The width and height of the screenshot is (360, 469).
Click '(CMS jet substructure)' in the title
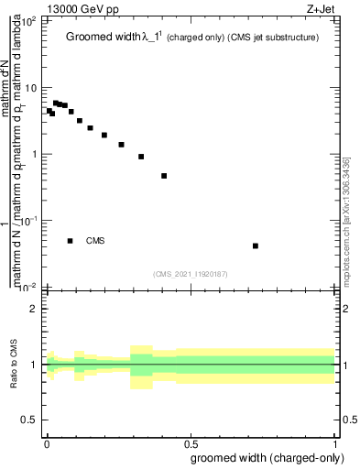pyautogui.click(x=273, y=38)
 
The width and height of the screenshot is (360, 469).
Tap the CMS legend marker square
pyautogui.click(x=70, y=241)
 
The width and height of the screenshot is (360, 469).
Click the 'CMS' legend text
pyautogui.click(x=95, y=241)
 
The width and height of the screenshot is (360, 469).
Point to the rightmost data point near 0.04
pyautogui.click(x=256, y=245)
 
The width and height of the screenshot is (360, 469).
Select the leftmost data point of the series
pyautogui.click(x=49, y=111)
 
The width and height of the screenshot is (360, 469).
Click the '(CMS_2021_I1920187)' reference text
pyautogui.click(x=191, y=273)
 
